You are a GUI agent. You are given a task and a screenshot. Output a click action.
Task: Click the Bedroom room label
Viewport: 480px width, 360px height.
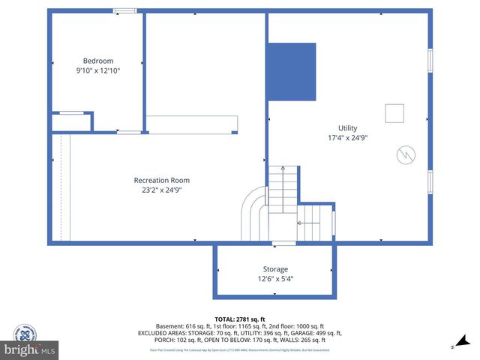pyautogui.click(x=98, y=61)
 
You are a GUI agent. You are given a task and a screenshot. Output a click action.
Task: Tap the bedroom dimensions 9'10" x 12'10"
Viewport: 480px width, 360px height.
pyautogui.click(x=98, y=70)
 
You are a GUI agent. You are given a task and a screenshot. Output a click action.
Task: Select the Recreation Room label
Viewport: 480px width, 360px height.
pyautogui.click(x=161, y=180)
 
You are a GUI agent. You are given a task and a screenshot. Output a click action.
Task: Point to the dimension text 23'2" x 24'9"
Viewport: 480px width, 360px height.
pyautogui.click(x=161, y=190)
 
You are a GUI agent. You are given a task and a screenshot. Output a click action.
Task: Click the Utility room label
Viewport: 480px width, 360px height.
pyautogui.click(x=347, y=127)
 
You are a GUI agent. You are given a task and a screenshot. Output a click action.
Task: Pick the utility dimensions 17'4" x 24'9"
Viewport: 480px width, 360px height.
pyautogui.click(x=347, y=138)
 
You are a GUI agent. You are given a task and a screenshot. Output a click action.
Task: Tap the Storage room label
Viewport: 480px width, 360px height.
pyautogui.click(x=274, y=268)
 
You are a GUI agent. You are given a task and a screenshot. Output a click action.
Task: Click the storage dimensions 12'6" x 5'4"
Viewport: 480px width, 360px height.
pyautogui.click(x=274, y=278)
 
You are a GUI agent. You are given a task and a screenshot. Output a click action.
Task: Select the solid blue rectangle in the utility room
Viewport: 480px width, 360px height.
pyautogui.click(x=292, y=71)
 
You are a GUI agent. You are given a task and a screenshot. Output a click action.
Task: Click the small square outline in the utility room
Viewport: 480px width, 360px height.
pyautogui.click(x=394, y=113)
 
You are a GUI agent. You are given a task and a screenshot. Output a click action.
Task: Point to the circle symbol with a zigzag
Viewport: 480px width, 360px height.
pyautogui.click(x=404, y=154)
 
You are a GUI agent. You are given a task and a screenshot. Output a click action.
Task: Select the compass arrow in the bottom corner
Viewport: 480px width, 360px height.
pyautogui.click(x=453, y=346)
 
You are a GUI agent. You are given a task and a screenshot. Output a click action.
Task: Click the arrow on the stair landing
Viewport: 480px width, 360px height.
pyautogui.click(x=308, y=223)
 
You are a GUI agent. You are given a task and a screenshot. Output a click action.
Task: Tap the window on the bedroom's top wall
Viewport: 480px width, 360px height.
pyautogui.click(x=125, y=10)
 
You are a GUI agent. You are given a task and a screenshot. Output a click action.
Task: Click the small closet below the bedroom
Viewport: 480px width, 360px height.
pyautogui.click(x=71, y=122)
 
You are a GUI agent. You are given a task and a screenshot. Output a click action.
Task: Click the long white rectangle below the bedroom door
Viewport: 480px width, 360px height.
pyautogui.click(x=192, y=124)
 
